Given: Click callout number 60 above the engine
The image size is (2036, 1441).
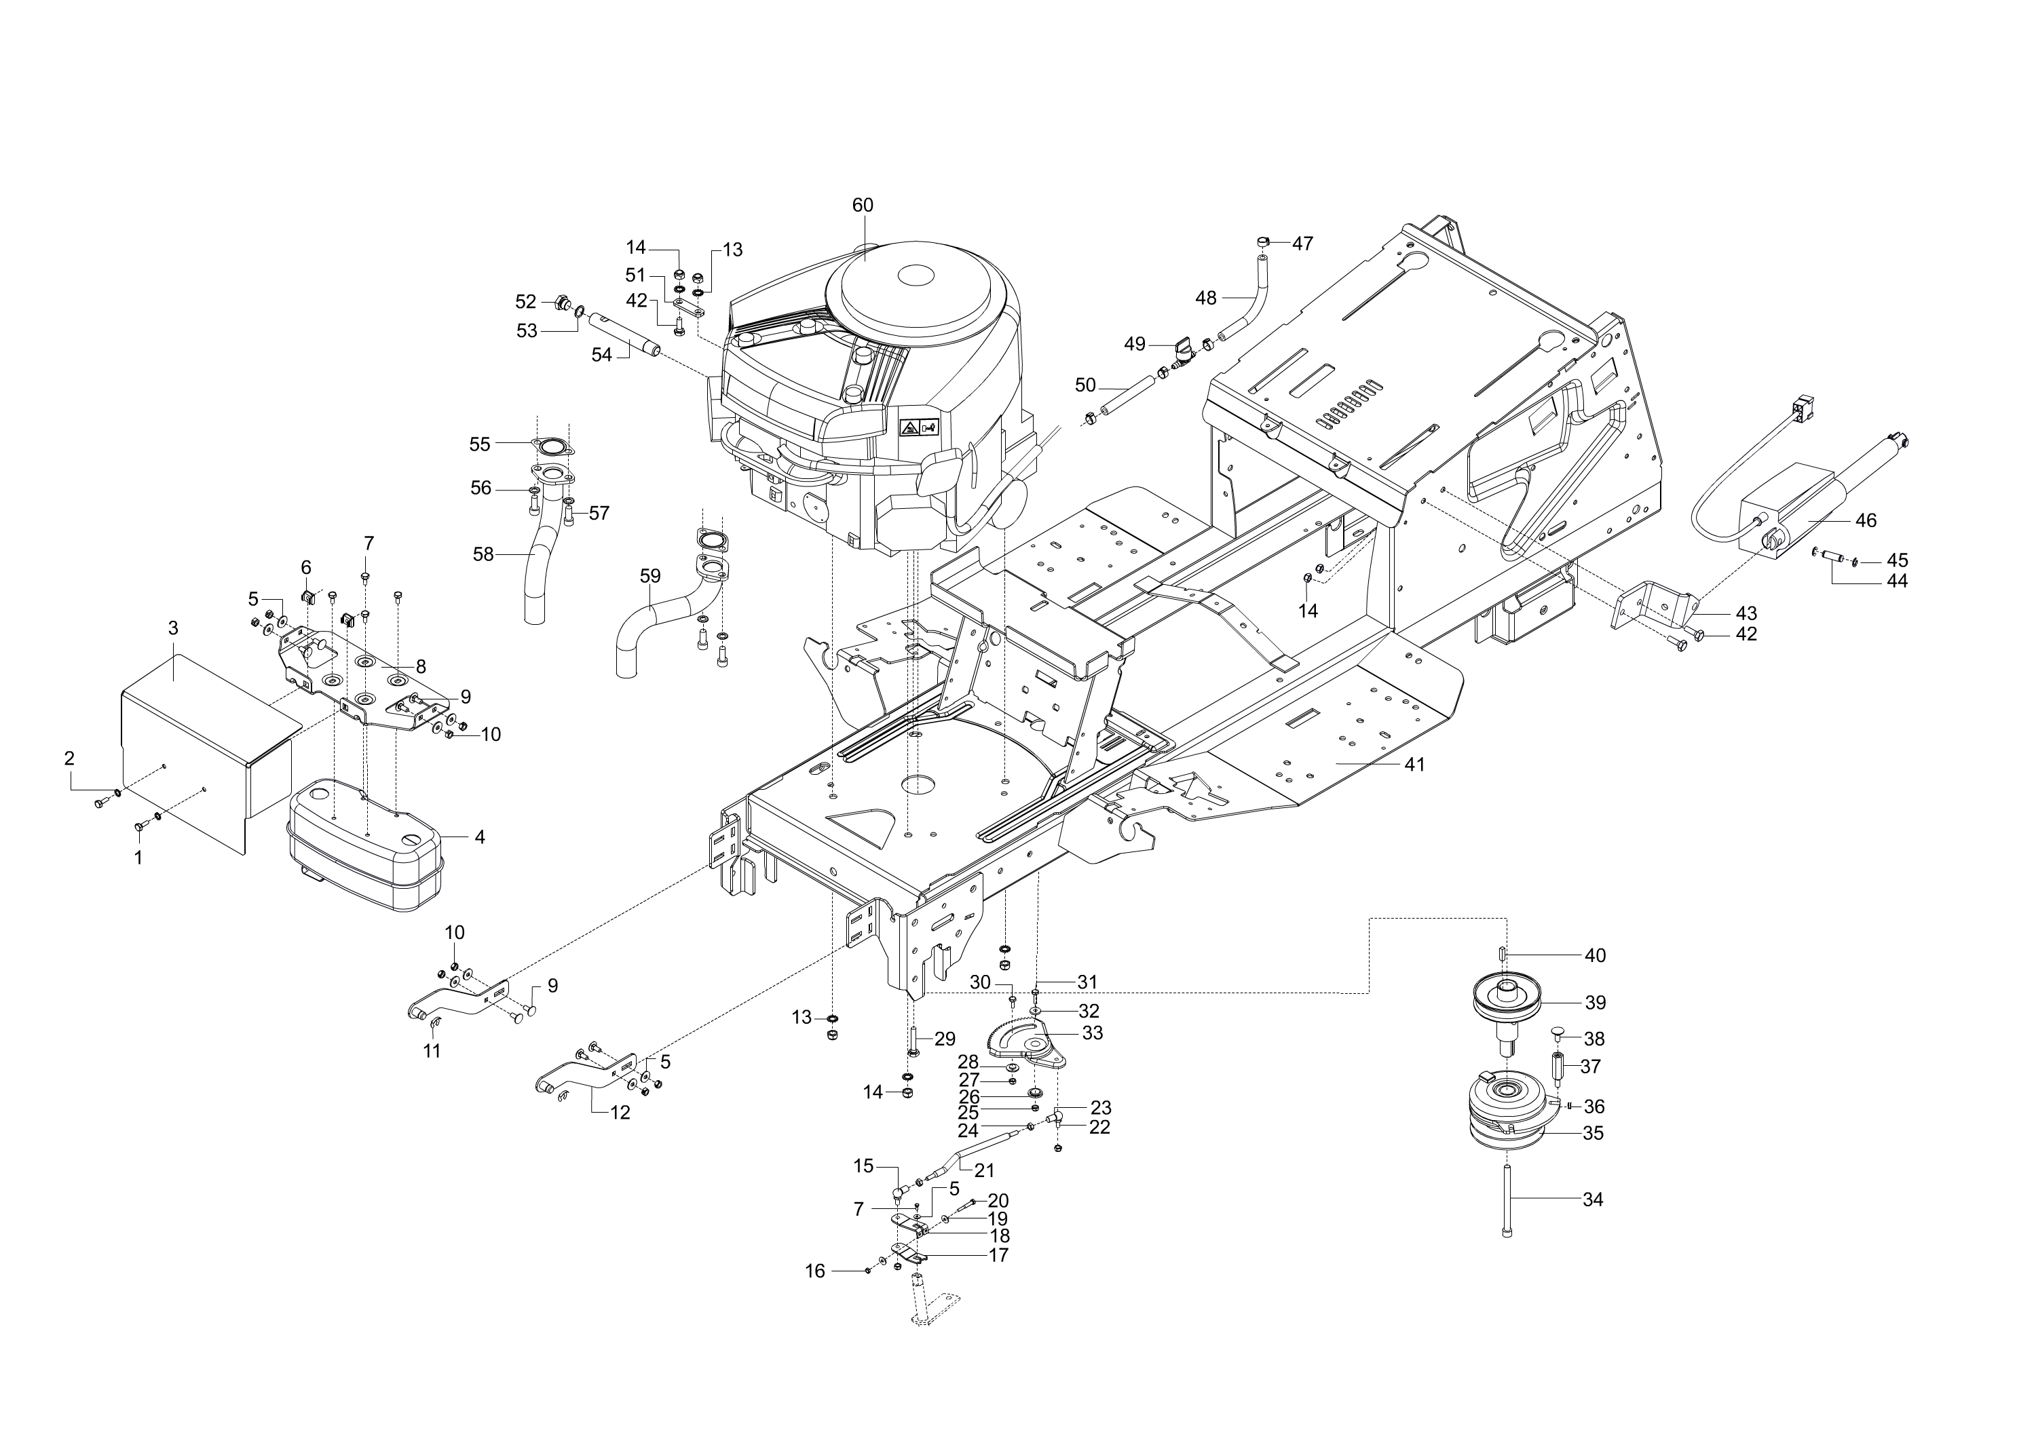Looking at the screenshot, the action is tap(863, 205).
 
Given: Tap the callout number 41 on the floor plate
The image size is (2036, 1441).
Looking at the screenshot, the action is tap(1415, 764).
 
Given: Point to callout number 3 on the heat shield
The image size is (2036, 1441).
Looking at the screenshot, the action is tap(173, 628).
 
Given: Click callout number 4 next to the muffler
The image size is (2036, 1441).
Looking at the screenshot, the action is tap(480, 837).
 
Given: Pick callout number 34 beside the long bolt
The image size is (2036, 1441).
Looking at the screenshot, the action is tap(1593, 1199).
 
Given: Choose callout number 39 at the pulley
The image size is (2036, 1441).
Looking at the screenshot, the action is tap(1596, 1003).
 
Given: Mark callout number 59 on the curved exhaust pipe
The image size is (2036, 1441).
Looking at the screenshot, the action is tap(651, 576).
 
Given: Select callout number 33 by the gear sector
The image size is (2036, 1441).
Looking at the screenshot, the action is tap(1093, 1033).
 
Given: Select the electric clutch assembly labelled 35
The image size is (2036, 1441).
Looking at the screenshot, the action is tap(1508, 1113).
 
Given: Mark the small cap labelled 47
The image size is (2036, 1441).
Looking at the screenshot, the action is tap(1263, 242).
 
